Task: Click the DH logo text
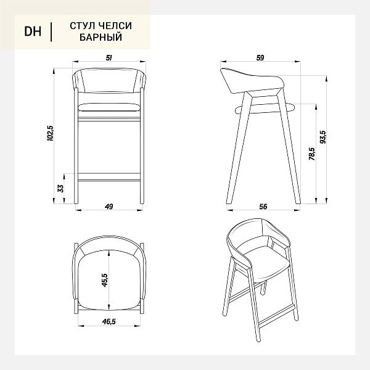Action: [x=33, y=31]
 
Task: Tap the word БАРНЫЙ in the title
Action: [x=101, y=37]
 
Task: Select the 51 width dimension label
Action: [x=109, y=58]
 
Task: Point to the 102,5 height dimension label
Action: [x=51, y=134]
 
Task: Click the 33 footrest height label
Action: [x=60, y=188]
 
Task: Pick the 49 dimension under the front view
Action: [x=109, y=207]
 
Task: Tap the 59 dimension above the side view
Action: [x=260, y=58]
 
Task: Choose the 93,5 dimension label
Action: [x=323, y=137]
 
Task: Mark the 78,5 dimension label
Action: [x=312, y=154]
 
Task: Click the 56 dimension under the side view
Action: [x=263, y=207]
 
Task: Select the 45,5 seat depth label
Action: [x=105, y=280]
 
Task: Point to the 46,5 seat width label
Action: [x=109, y=322]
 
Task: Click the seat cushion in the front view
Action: [x=109, y=107]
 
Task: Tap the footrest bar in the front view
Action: [x=109, y=177]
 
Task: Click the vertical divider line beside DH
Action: [x=51, y=32]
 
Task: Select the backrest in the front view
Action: [x=109, y=80]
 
